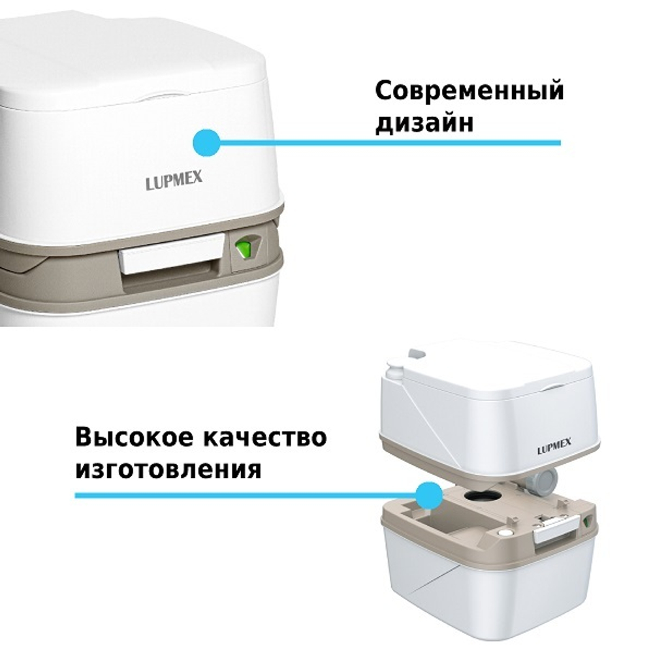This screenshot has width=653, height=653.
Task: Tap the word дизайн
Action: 424,122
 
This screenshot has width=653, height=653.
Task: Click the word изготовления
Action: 168,469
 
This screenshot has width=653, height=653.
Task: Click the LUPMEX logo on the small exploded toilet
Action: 554,449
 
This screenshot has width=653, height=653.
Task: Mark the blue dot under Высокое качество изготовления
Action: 428,496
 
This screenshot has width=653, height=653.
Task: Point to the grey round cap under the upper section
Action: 543,483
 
